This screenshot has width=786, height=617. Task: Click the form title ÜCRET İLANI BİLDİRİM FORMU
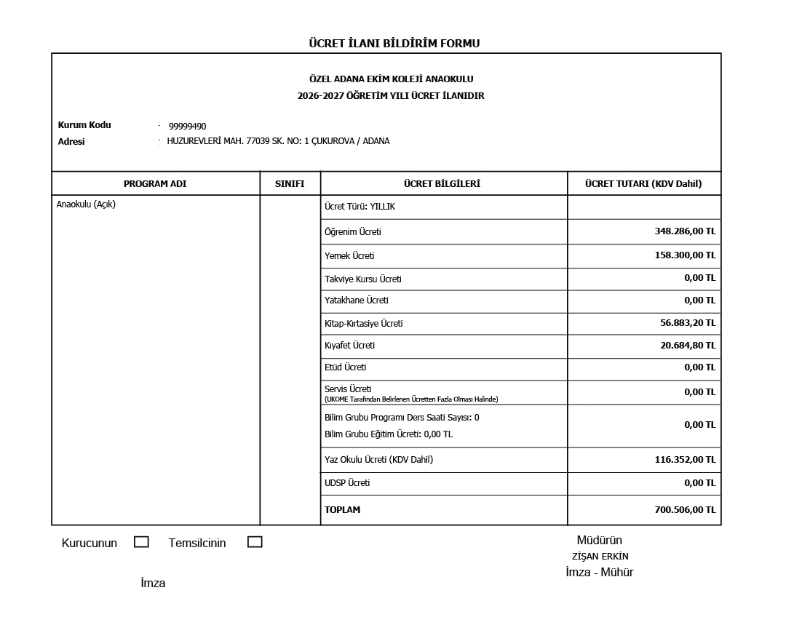tap(394, 44)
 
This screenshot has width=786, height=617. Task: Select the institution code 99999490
tap(187, 127)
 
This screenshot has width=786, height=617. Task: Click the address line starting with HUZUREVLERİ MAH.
tap(278, 141)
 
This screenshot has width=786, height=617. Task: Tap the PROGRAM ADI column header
tap(155, 184)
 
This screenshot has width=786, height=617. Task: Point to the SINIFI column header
tap(290, 184)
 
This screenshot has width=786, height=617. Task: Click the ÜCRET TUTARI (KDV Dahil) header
tap(643, 184)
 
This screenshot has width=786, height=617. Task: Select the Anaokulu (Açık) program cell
tap(86, 204)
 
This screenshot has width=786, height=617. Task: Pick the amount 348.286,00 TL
tap(685, 231)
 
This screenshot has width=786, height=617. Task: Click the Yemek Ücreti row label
tap(349, 256)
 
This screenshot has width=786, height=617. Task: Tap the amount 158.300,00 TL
tap(685, 256)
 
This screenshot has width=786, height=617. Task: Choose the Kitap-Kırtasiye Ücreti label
tap(363, 324)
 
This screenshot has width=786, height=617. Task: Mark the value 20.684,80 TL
tap(688, 346)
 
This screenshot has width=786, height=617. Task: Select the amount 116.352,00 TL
tap(685, 460)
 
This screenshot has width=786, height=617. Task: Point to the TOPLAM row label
tap(342, 510)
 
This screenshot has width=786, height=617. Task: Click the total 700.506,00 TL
tap(685, 510)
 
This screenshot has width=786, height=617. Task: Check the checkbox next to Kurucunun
tap(141, 542)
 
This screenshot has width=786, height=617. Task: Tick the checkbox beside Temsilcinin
tap(255, 542)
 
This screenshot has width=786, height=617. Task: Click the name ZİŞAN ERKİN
tap(600, 557)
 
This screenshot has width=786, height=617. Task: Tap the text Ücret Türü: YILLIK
tap(360, 207)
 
